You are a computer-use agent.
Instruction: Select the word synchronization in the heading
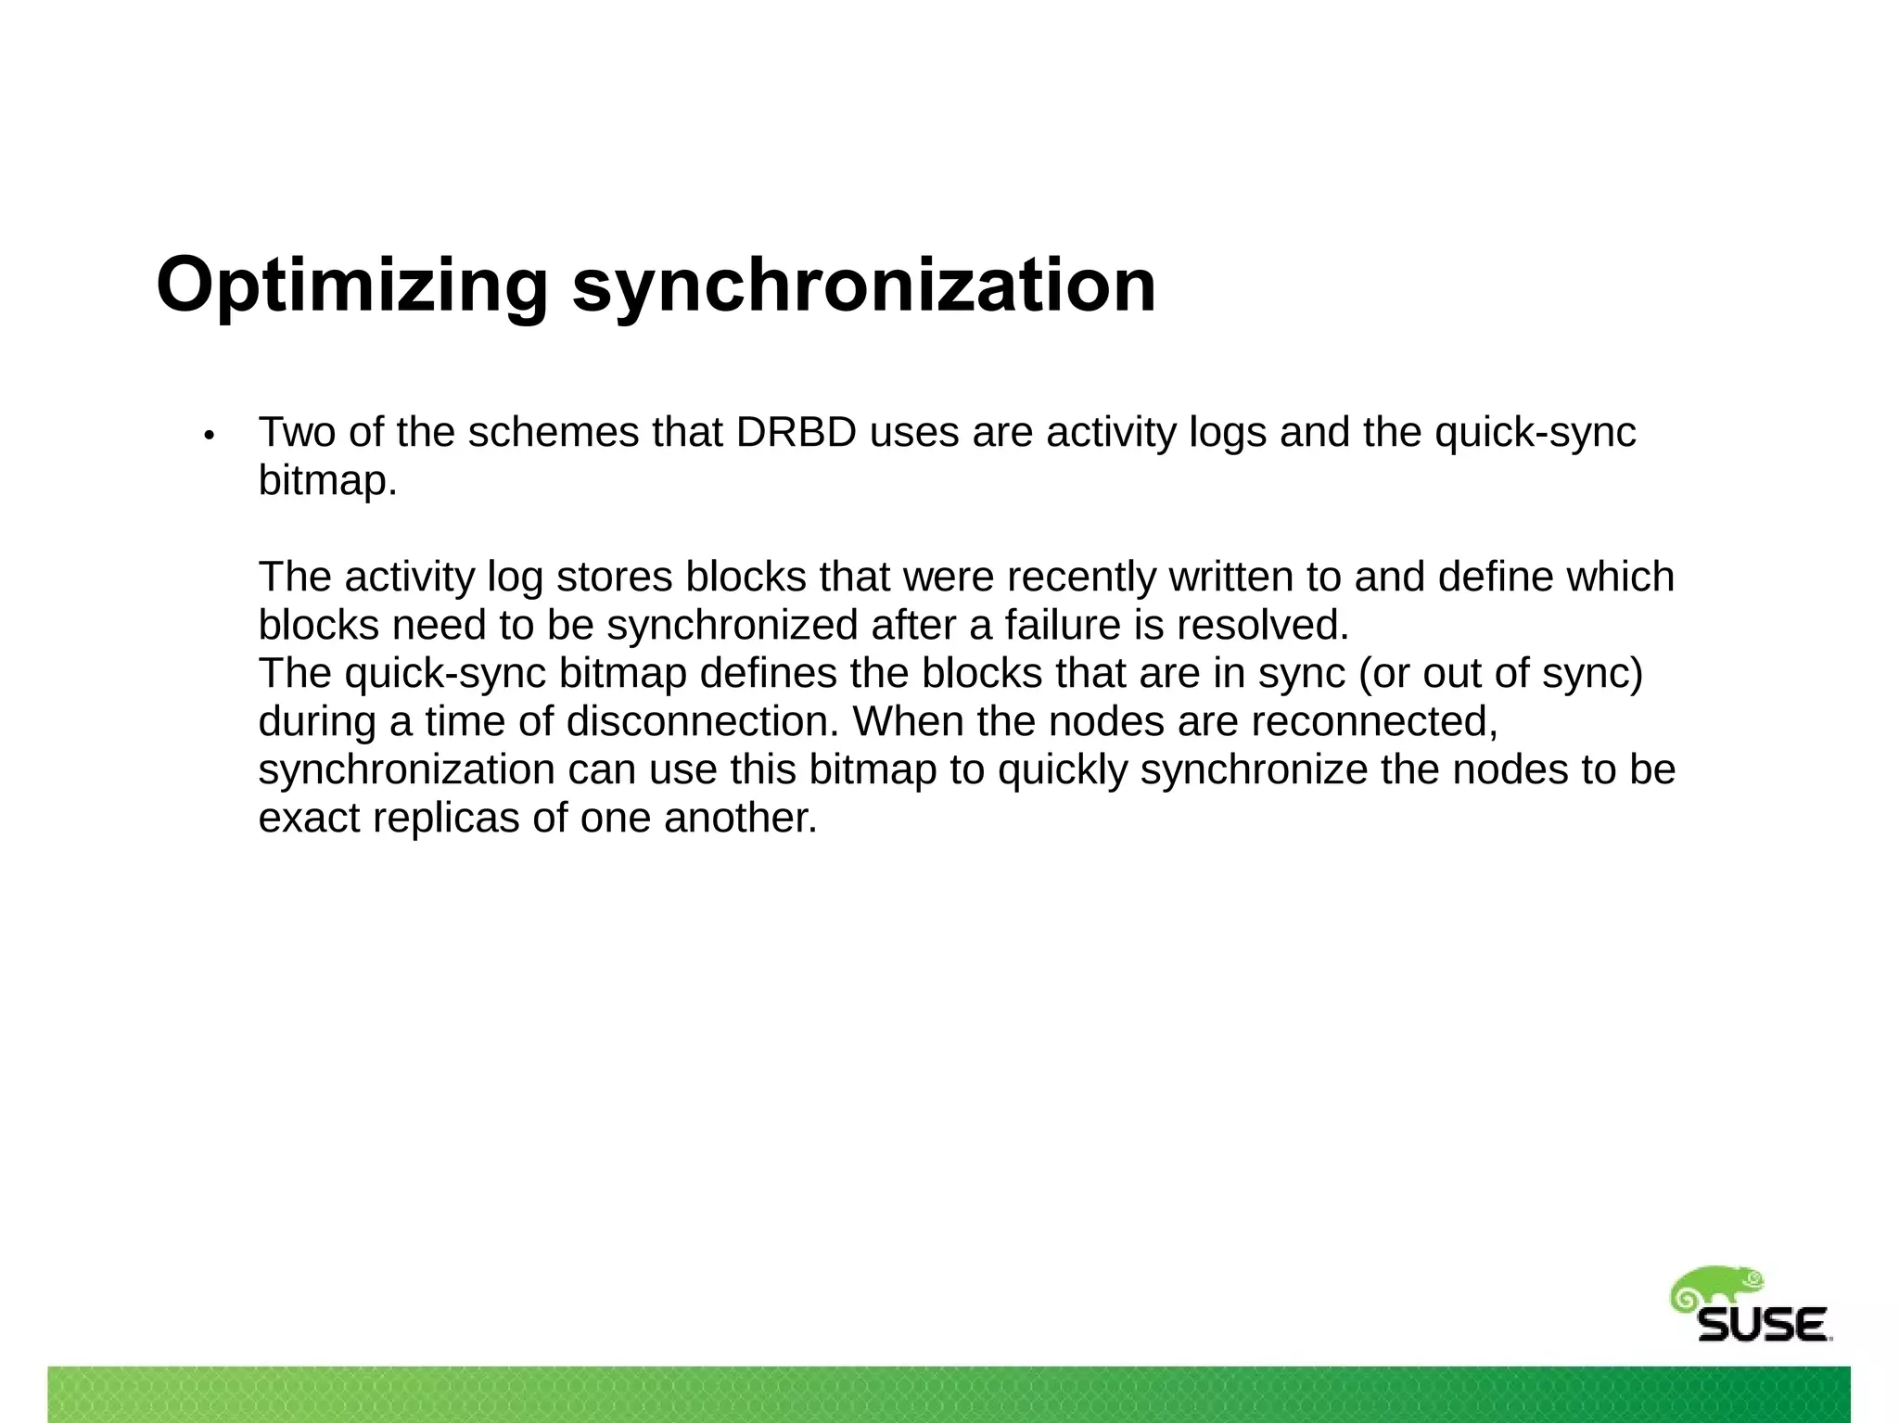(864, 285)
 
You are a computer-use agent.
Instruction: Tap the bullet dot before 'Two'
(210, 435)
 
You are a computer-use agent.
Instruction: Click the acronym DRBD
(797, 432)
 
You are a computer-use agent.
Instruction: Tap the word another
(741, 818)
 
